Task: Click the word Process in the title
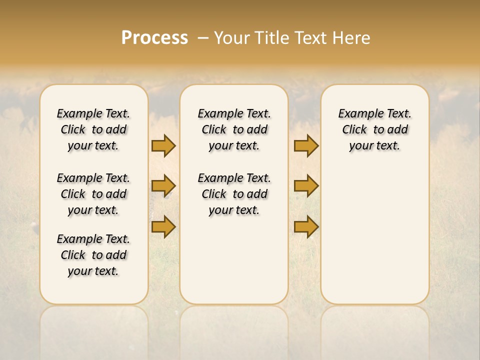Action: (154, 38)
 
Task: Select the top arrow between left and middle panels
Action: (163, 145)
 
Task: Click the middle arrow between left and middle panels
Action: (163, 186)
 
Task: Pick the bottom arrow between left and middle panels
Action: (163, 226)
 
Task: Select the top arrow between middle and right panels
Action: (306, 145)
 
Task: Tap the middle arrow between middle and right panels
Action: (306, 186)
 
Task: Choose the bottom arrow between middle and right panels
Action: (306, 226)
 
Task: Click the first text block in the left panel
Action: (93, 129)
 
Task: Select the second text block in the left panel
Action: (93, 194)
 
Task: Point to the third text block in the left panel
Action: (93, 255)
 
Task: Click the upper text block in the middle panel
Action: (234, 129)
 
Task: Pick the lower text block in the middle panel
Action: (234, 194)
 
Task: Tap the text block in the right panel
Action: (375, 129)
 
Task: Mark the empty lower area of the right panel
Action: (375, 235)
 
